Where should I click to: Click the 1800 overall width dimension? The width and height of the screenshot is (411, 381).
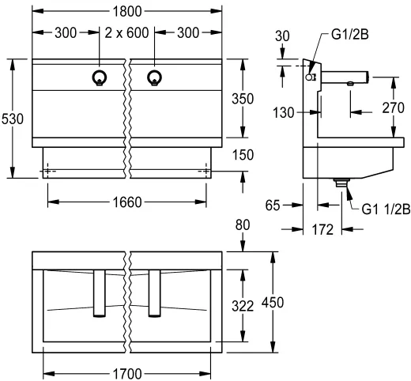coord(126,12)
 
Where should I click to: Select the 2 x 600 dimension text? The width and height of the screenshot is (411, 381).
coord(126,34)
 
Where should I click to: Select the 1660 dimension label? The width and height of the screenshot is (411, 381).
coord(126,202)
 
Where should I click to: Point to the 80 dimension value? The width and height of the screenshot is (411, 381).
coord(243,226)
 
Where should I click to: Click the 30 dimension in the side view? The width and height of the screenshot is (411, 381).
coord(283,36)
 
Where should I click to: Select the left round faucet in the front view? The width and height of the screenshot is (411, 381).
coord(100,77)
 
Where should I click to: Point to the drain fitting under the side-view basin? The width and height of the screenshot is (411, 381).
coord(341,183)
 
